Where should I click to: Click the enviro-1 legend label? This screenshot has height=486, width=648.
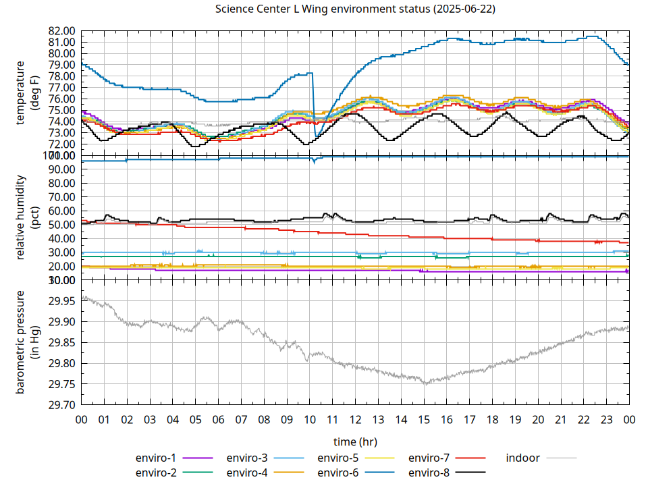(x=156, y=458)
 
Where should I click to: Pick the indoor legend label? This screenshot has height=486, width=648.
(x=523, y=458)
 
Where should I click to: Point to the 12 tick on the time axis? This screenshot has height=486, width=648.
(x=355, y=420)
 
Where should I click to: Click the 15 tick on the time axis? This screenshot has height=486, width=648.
(x=424, y=420)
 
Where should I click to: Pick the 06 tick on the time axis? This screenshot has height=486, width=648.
(x=218, y=420)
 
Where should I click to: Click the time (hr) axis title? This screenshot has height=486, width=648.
(x=355, y=441)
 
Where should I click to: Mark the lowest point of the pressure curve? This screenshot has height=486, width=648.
(x=425, y=383)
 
